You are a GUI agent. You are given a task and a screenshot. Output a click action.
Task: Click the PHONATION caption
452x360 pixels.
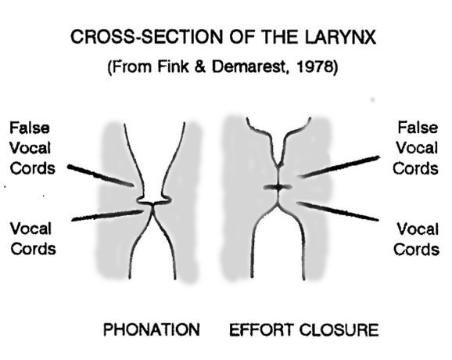(152, 329)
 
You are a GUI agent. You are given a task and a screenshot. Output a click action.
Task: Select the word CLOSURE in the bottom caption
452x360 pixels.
(339, 329)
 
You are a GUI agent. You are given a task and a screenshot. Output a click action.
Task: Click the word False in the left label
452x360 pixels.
(30, 128)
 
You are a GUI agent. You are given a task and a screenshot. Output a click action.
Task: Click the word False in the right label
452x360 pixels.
(418, 128)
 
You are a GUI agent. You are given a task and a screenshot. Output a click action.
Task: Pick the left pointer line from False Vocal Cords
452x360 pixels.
(101, 175)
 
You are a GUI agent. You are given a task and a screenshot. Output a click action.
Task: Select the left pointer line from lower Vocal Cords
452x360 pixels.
(107, 215)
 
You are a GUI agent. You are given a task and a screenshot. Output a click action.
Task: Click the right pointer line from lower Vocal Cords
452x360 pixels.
(338, 211)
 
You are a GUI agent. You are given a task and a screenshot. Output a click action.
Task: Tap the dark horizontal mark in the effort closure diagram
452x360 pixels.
(278, 188)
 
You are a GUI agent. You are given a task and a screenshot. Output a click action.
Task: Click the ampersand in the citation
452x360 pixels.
(199, 67)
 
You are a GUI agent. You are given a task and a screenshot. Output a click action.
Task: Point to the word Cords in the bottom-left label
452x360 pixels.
(33, 249)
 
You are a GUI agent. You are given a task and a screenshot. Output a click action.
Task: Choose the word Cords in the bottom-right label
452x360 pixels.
(417, 249)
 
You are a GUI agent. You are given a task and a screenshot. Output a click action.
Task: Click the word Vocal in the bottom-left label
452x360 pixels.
(30, 229)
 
